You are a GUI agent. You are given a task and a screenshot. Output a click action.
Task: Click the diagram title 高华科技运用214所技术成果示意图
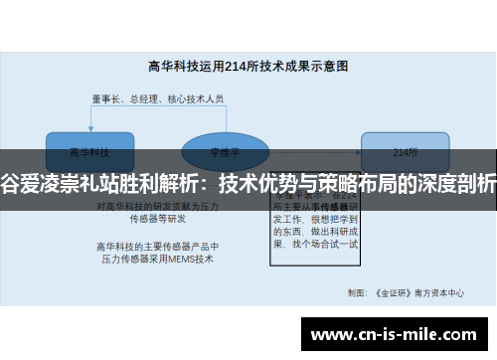(248, 67)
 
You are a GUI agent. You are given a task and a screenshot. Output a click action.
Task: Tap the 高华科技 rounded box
(88, 152)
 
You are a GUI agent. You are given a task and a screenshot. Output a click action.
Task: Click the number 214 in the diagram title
(234, 67)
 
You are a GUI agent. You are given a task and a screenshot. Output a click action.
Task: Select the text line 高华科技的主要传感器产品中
(156, 245)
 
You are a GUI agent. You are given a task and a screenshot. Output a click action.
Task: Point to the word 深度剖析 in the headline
(457, 183)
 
